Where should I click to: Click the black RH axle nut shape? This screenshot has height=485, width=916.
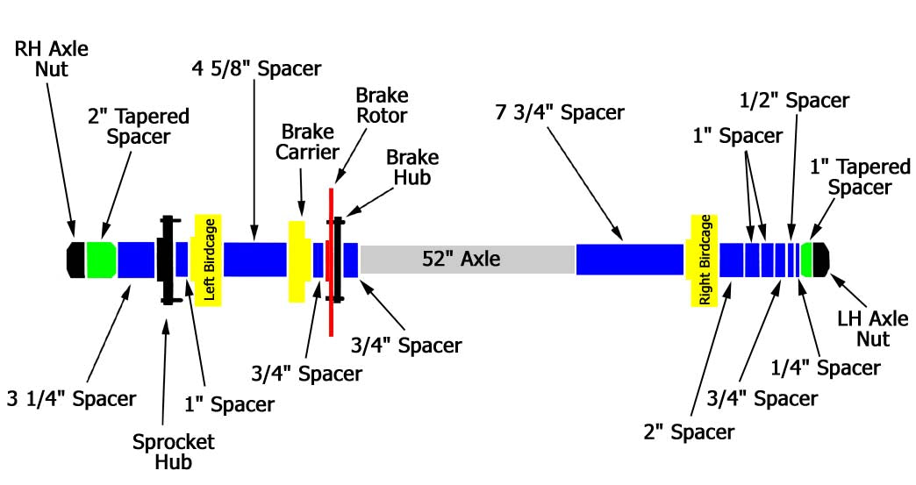click(x=76, y=260)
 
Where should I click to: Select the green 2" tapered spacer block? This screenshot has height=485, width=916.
click(x=102, y=260)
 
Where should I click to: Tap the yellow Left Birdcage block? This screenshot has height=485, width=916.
click(x=209, y=260)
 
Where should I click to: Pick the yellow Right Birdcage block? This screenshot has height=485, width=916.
click(x=704, y=260)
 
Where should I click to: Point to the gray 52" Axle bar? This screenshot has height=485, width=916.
click(x=467, y=260)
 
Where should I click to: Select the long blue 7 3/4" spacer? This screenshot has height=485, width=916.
click(x=629, y=260)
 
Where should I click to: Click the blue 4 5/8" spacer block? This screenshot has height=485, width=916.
click(x=255, y=260)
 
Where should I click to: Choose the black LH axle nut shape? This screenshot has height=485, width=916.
click(x=821, y=259)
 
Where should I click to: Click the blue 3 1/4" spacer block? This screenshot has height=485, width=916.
click(x=137, y=260)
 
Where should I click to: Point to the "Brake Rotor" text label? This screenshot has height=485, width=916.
click(x=382, y=104)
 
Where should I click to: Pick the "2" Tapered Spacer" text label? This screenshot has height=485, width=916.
click(x=139, y=126)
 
